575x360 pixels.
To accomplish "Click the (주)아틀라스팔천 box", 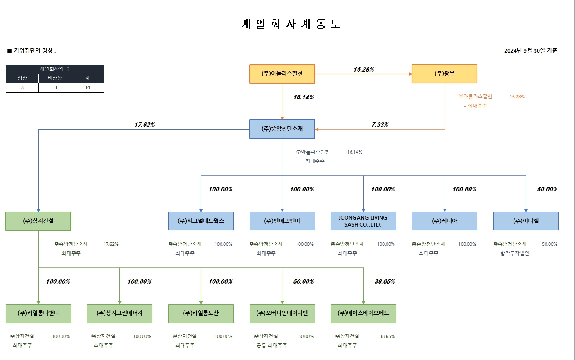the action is tap(282, 74).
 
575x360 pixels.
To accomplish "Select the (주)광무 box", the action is tap(445, 74).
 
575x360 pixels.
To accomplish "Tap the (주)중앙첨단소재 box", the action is tap(282, 129).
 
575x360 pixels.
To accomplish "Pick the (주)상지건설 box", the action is tap(38, 221).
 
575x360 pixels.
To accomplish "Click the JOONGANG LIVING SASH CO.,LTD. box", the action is tap(363, 221).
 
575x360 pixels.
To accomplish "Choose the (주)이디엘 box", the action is tap(526, 221).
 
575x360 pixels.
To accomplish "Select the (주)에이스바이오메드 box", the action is tap(363, 313).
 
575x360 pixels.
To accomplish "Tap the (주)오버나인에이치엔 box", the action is tap(282, 313).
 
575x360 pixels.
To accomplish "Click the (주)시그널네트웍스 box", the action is tap(201, 221).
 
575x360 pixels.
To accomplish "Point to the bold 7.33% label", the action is tap(380, 125).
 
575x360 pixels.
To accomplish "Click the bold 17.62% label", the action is tap(145, 125).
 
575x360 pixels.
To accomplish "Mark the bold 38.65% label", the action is tap(384, 282).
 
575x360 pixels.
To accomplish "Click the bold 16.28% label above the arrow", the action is tap(364, 69).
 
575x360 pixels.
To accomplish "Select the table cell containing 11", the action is tap(54, 88).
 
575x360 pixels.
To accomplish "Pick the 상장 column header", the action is tap(22, 78).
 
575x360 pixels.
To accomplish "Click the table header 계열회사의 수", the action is tap(54, 69).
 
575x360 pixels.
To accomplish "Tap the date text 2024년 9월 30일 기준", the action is tap(531, 51).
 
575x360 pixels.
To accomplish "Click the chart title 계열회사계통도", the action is tap(291, 24).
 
